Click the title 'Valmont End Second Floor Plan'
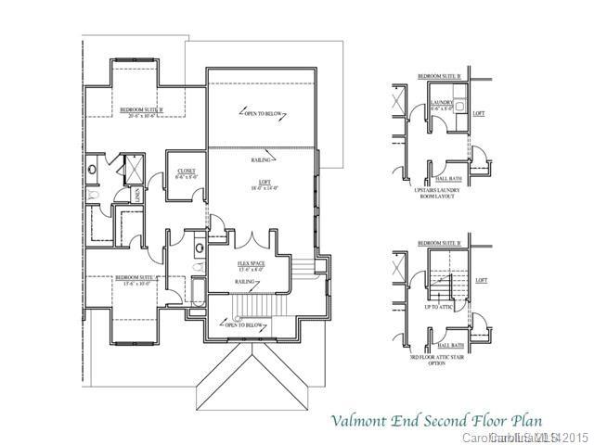point(437,421)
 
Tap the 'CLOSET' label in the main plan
point(186,173)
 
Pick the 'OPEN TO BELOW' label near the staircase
point(244,324)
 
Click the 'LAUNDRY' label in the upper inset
point(441,103)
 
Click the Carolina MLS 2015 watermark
point(523,437)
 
